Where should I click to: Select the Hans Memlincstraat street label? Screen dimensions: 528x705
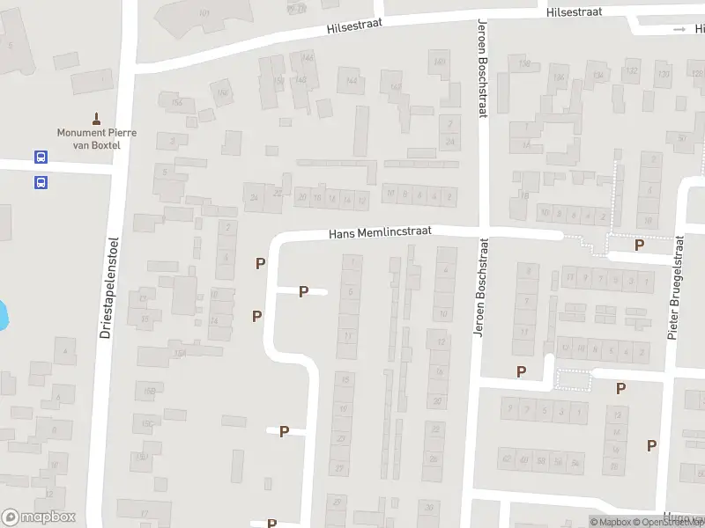coord(380,233)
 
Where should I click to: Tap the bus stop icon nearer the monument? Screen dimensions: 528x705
coord(41,157)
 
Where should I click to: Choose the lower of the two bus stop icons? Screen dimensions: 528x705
coord(41,183)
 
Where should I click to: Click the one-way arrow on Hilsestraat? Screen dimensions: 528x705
coord(679,30)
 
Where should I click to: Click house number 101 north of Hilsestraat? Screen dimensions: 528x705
coord(204,13)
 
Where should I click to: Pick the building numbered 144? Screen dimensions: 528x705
coord(352,81)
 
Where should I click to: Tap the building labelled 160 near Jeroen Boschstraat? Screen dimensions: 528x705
coord(439,61)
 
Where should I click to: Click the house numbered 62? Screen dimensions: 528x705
coord(506,459)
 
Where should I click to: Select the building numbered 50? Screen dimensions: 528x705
coord(681,137)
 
